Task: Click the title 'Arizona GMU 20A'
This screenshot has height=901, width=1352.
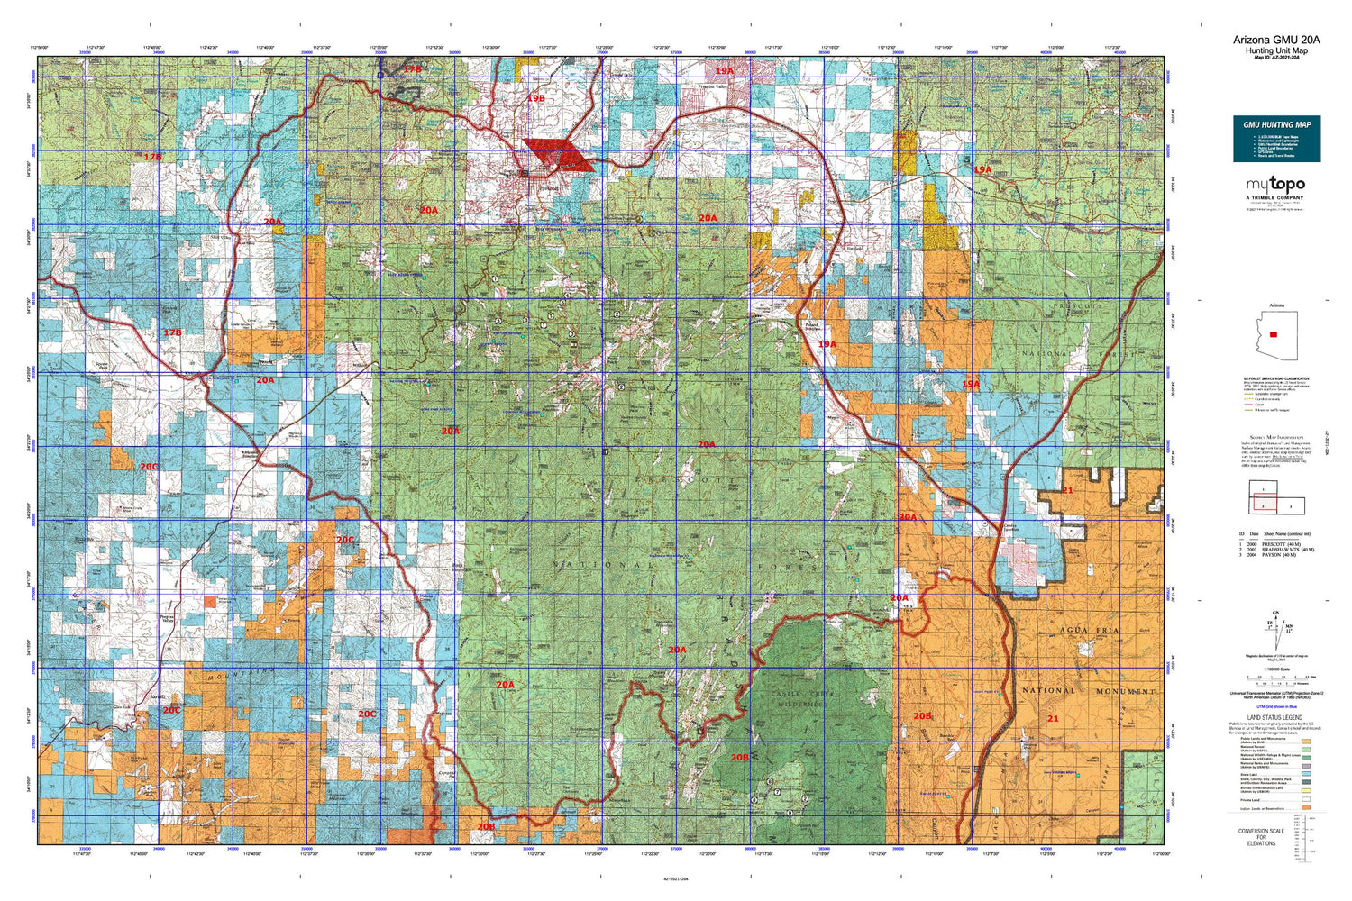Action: pyautogui.click(x=1276, y=40)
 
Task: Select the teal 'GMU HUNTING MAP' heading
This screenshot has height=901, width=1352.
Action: pyautogui.click(x=1276, y=124)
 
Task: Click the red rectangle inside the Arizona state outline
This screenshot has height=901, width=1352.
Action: pyautogui.click(x=1272, y=334)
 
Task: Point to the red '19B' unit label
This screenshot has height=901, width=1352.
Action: pyautogui.click(x=536, y=97)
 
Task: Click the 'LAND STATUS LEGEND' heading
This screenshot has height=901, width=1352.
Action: pyautogui.click(x=1274, y=717)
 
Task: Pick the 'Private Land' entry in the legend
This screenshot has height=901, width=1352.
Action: pyautogui.click(x=1249, y=799)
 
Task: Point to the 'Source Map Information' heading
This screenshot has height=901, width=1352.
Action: pyautogui.click(x=1274, y=436)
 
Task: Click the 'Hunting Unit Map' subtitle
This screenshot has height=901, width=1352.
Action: pyautogui.click(x=1276, y=50)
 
